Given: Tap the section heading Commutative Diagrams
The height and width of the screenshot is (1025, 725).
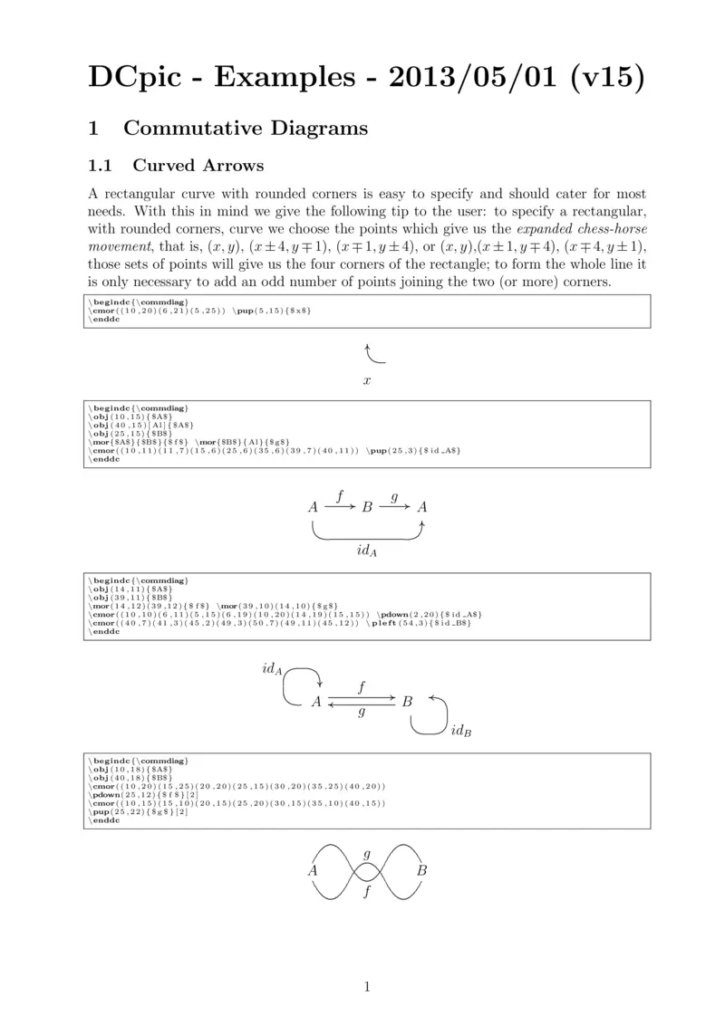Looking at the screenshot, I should pos(246,129).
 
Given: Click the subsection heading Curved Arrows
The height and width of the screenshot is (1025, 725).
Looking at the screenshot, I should pos(198,166).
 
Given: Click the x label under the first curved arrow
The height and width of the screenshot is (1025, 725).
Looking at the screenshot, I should pos(366,381).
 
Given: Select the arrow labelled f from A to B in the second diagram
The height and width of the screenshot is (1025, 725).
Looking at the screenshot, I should pos(340,507).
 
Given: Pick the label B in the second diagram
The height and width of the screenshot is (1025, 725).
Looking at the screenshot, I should pos(367,508).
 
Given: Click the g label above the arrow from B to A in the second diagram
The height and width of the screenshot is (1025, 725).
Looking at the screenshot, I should pos(394,496).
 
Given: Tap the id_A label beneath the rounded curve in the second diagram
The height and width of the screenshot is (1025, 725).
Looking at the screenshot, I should pos(366,551).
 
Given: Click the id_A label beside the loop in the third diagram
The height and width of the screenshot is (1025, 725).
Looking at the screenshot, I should pos(272,669).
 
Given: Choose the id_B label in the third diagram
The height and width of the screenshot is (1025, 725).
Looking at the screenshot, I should pos(460,731).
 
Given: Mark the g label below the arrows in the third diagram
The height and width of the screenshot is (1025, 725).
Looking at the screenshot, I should pos(362,713).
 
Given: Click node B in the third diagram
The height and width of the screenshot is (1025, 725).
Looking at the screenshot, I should pos(407,701).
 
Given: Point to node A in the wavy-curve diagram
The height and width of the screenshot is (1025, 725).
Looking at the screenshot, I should pos(313,870).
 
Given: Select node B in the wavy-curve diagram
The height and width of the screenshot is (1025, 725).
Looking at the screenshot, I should pos(421,870).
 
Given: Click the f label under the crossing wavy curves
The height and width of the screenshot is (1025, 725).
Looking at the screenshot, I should pos(367,892).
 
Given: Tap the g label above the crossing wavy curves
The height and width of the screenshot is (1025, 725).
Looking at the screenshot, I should pos(367,854).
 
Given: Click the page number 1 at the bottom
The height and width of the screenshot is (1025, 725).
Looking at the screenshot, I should pos(366,986).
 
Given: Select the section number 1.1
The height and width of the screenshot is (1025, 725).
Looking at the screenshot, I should pos(99,166).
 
